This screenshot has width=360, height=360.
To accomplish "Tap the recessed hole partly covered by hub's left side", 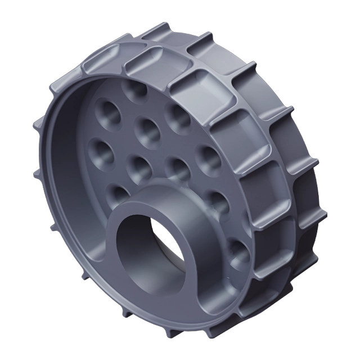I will point(117,193).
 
